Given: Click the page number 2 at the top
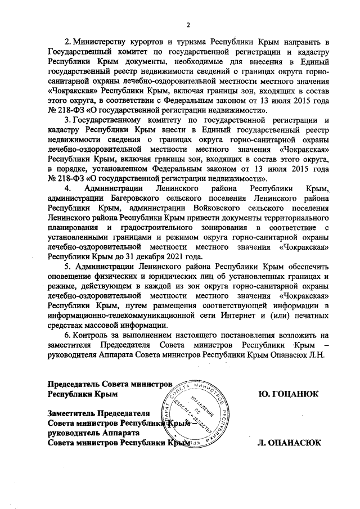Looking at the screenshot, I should click(188, 24).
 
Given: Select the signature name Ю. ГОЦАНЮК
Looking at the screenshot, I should click(287, 394).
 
